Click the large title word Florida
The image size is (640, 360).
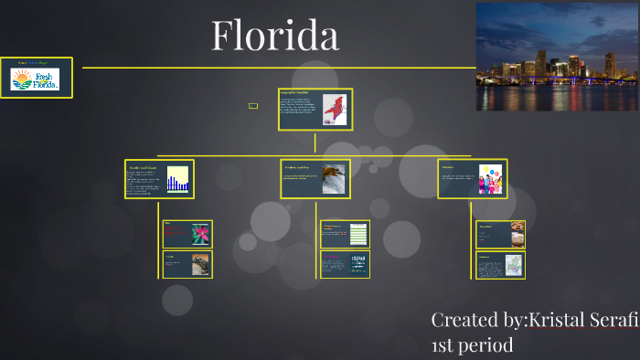pos(275,36)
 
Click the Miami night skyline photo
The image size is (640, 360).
pos(557,56)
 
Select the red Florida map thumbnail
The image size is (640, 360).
pos(336,111)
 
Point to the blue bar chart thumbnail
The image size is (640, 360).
pos(177,178)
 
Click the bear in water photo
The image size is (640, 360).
pos(334,178)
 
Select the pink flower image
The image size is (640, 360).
pos(199,234)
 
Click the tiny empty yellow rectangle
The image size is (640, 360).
pos(253,106)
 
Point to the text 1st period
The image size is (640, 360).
pos(472,345)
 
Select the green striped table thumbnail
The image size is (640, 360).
pos(357,234)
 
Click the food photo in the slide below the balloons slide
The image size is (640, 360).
pos(517,233)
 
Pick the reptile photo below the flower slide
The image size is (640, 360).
pos(199,264)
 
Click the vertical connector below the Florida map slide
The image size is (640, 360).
pos(315,143)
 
